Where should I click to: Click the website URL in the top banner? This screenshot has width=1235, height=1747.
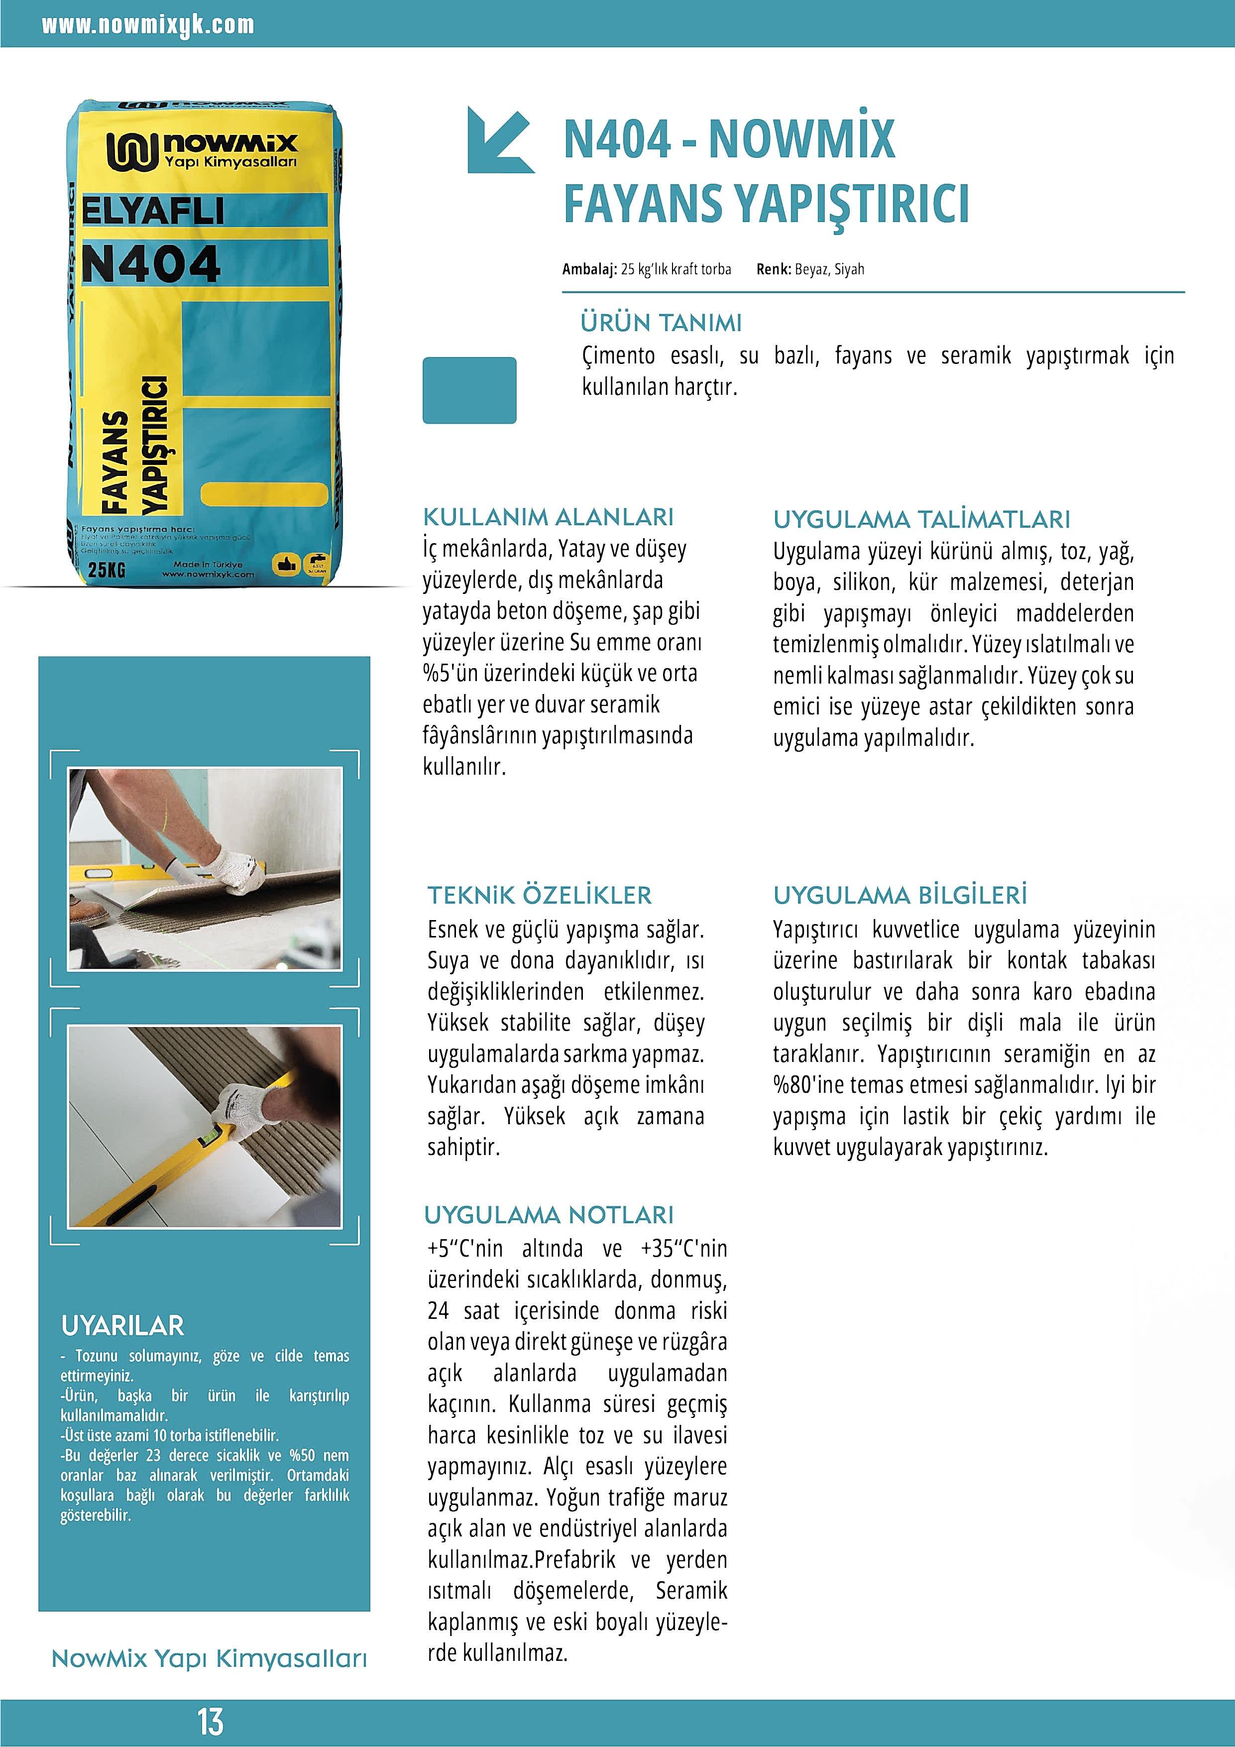click(x=148, y=24)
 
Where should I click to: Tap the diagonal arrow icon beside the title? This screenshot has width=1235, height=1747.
click(x=499, y=140)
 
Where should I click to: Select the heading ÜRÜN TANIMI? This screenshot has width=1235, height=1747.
click(x=661, y=323)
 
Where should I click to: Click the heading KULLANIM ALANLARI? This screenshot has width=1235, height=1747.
click(x=548, y=517)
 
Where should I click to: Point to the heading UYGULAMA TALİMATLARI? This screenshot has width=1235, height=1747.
click(x=921, y=520)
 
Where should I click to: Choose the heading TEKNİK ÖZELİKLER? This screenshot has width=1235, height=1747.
click(x=539, y=896)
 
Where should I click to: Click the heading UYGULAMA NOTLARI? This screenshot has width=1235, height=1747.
click(x=549, y=1215)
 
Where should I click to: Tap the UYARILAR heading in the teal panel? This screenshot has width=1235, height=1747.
click(x=122, y=1325)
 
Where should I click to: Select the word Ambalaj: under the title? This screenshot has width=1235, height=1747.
click(x=589, y=269)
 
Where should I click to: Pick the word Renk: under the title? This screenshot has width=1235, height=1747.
click(x=773, y=269)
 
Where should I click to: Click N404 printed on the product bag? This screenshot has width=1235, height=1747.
click(x=151, y=264)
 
